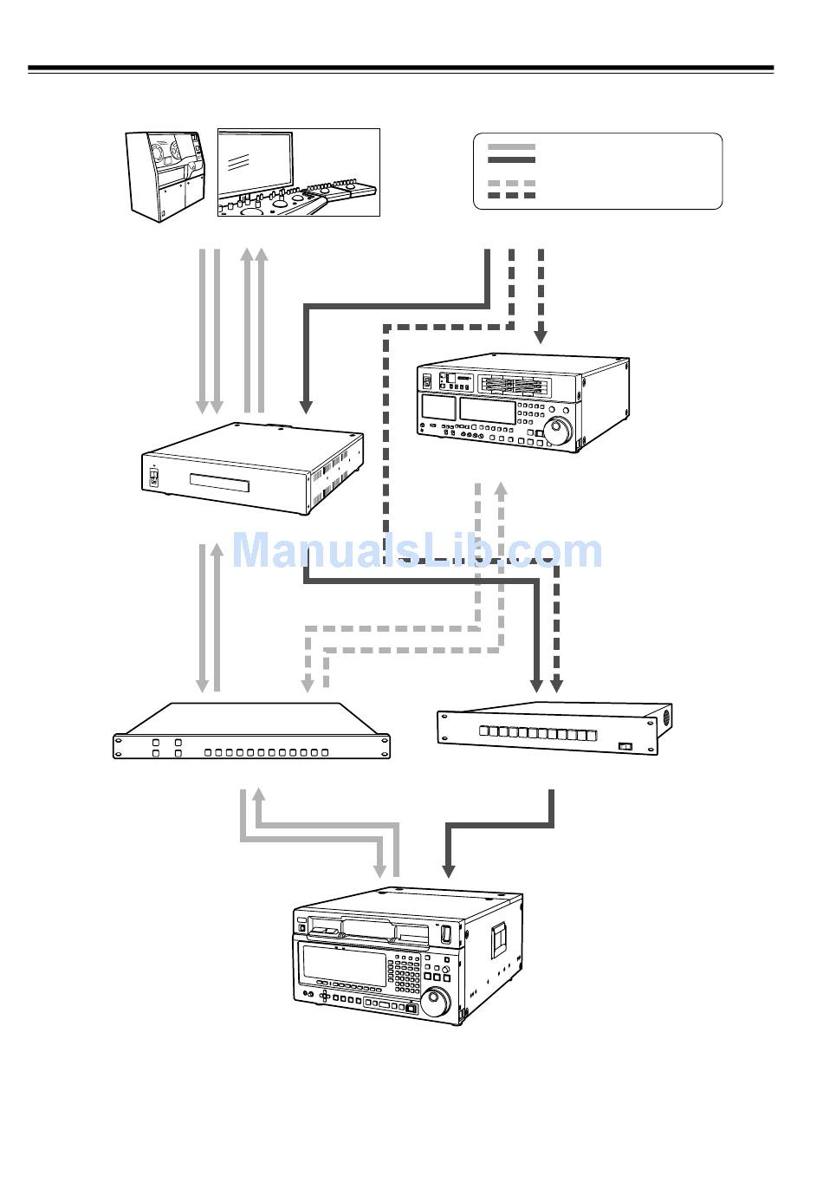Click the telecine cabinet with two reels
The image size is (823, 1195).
click(165, 173)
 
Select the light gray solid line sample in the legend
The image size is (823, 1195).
click(511, 147)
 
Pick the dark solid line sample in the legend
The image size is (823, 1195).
click(511, 159)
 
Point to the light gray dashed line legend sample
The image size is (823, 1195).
click(511, 184)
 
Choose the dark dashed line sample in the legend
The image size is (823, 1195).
click(511, 196)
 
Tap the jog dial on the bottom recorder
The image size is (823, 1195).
click(436, 1001)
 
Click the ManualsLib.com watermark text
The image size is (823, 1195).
click(417, 551)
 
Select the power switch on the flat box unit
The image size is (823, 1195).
click(154, 478)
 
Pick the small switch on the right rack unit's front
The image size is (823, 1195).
click(625, 746)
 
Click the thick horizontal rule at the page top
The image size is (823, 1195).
click(400, 68)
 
